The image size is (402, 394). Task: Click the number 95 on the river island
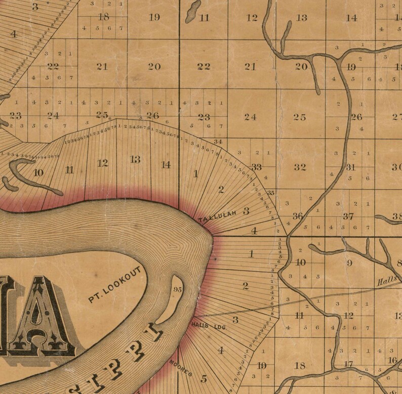[x=177, y=290]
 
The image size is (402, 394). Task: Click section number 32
[x=300, y=167]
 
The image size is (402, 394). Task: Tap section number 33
[x=256, y=167]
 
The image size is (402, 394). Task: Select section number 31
[x=350, y=167]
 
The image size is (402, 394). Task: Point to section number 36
[x=298, y=216]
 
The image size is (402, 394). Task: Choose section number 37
[x=348, y=216]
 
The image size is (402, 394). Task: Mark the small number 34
[x=218, y=141]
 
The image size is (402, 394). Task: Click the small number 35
[x=271, y=193]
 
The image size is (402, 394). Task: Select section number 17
[x=348, y=364]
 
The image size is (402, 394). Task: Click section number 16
[x=392, y=360]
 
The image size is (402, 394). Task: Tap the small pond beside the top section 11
[x=192, y=11]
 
